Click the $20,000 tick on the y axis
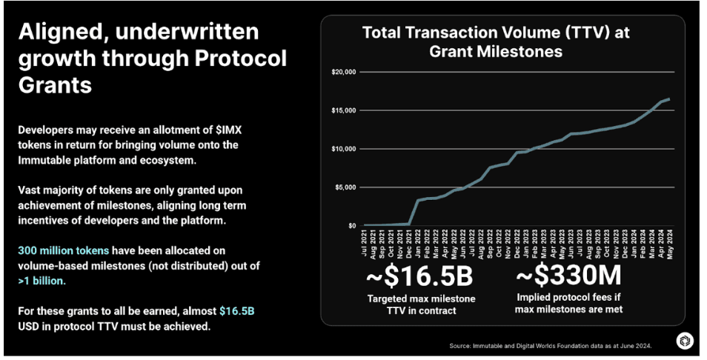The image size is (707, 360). tap(346, 72)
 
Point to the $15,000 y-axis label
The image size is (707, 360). tap(346, 110)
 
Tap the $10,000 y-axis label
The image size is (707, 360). tap(346, 149)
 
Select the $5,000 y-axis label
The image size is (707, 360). tap(348, 187)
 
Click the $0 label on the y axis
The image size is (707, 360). tap(353, 225)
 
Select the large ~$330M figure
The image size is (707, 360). tap(569, 278)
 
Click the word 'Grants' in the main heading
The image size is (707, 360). tap(56, 84)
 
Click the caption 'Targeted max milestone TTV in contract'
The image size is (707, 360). tap(422, 304)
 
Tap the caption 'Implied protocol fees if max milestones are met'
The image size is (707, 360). tap(569, 304)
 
